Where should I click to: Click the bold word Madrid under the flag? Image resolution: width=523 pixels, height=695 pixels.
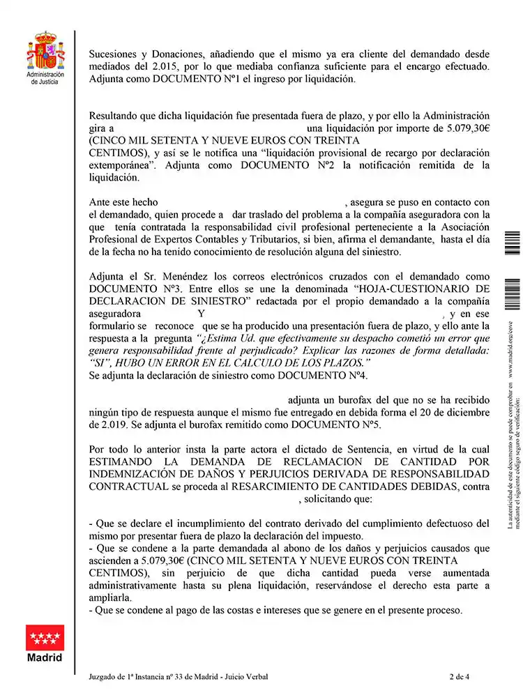[45, 657]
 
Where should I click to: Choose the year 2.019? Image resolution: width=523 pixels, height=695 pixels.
[107, 424]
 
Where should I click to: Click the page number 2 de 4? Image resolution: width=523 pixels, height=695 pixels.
[461, 676]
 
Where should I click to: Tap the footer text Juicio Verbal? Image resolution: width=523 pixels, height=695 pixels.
[245, 676]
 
